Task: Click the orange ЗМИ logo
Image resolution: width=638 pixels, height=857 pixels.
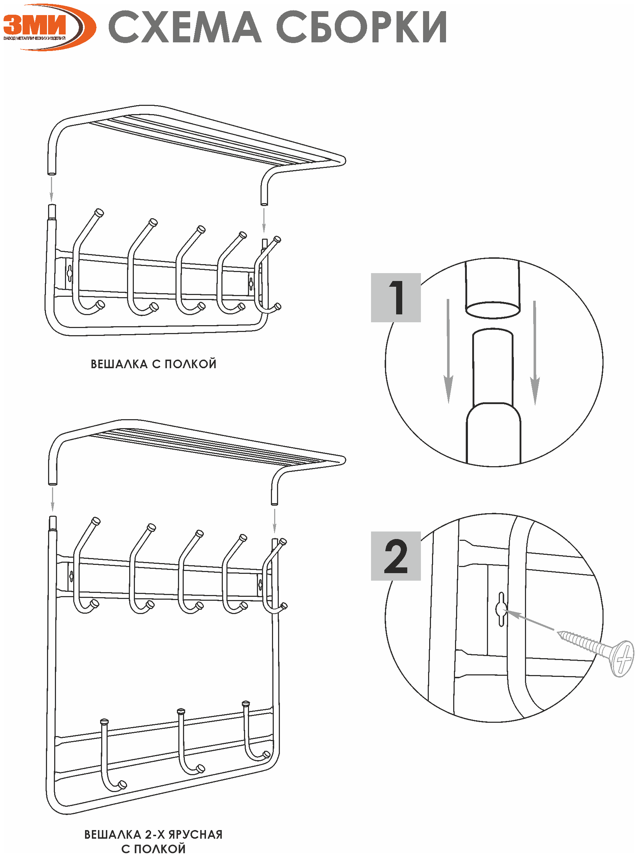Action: [48, 27]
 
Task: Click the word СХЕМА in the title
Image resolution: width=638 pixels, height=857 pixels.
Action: [184, 27]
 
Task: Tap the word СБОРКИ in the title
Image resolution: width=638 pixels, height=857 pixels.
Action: [361, 27]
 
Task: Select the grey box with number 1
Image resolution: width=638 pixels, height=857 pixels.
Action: [395, 298]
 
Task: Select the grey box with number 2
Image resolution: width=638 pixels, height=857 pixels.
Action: [395, 556]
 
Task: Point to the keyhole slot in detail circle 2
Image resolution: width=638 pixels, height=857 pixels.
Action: [501, 609]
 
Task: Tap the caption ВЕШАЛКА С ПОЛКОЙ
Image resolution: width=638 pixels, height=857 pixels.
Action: [153, 364]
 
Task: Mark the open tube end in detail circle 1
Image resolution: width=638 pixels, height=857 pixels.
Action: [492, 310]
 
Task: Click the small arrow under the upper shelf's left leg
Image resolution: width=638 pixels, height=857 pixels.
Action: [51, 189]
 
